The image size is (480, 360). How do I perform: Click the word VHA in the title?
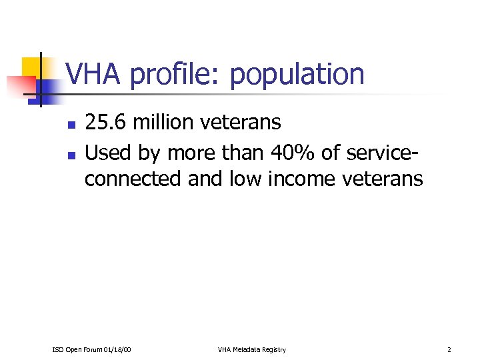[x=94, y=75]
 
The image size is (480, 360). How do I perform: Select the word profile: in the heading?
[x=176, y=75]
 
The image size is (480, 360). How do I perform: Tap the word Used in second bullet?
[x=109, y=153]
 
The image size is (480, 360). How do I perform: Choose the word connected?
[x=133, y=179]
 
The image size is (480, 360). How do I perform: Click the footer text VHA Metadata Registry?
[x=251, y=350]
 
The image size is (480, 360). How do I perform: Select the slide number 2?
[x=449, y=350]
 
